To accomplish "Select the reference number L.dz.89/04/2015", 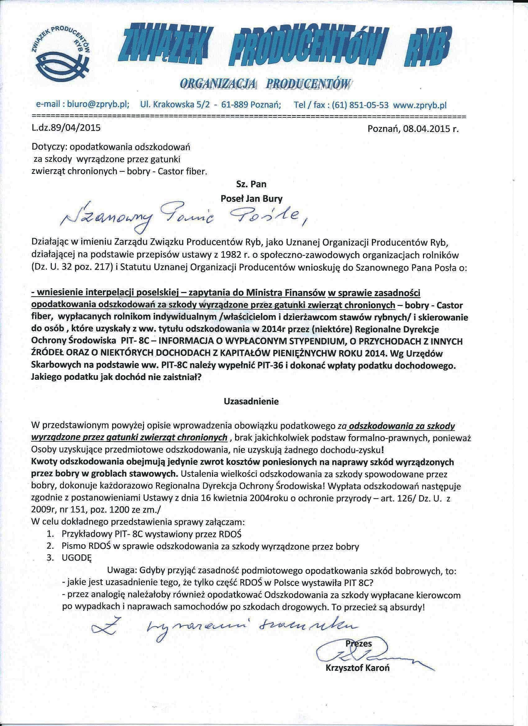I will (66, 128).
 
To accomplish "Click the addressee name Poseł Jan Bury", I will (252, 199).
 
